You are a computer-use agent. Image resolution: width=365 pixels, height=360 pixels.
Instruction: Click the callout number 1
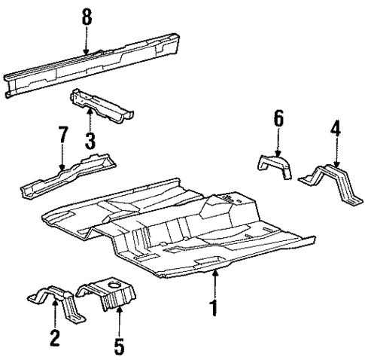tap(216, 308)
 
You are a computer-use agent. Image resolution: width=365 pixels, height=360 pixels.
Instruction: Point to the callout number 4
tap(336, 133)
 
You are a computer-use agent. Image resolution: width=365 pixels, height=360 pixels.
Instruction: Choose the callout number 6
tap(278, 119)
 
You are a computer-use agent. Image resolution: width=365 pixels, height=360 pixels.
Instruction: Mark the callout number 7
tap(63, 137)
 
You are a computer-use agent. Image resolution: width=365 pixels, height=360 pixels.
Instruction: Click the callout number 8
tap(87, 17)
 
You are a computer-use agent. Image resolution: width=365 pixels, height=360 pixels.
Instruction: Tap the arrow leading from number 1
tap(216, 282)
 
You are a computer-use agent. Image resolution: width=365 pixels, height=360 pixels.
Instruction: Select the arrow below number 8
tap(87, 41)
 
